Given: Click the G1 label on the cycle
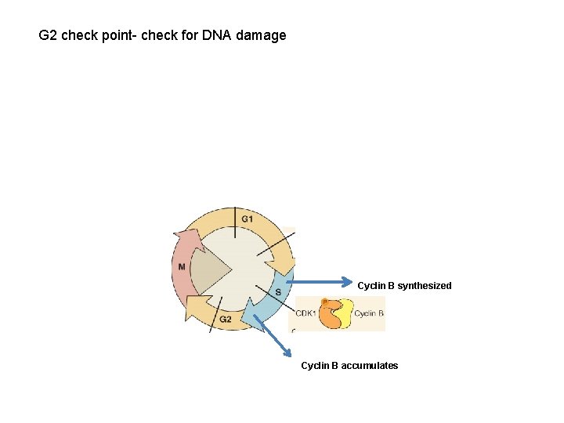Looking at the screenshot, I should click(x=247, y=219).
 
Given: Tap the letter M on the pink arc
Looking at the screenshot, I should click(x=182, y=267).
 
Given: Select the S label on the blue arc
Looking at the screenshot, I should click(x=278, y=292).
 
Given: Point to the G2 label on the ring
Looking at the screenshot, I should click(x=225, y=320).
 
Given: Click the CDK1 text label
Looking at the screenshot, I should click(x=306, y=313).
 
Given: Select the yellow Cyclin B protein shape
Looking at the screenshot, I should click(x=342, y=315).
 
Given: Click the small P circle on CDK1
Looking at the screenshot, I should click(x=325, y=302).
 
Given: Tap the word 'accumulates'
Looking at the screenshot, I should click(x=371, y=366).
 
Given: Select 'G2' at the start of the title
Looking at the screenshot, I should click(x=48, y=35).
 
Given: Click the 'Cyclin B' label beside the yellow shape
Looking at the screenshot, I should click(x=369, y=313).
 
